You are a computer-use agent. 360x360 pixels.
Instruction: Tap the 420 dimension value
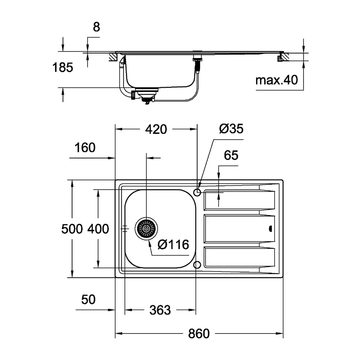point(156,129)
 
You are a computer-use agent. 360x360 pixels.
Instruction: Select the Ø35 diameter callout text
point(231,129)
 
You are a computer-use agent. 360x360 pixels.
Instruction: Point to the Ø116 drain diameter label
point(173,244)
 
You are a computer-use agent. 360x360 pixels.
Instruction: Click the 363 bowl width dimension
point(160,310)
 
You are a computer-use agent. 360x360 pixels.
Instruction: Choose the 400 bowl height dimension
point(98,229)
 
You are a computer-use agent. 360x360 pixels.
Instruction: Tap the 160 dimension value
point(85,148)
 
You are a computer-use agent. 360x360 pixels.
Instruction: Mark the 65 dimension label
point(231,156)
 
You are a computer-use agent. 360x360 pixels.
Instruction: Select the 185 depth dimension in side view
point(63,68)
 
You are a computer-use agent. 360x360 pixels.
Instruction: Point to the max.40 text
point(277,80)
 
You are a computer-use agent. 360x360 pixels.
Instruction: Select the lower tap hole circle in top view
point(197,265)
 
